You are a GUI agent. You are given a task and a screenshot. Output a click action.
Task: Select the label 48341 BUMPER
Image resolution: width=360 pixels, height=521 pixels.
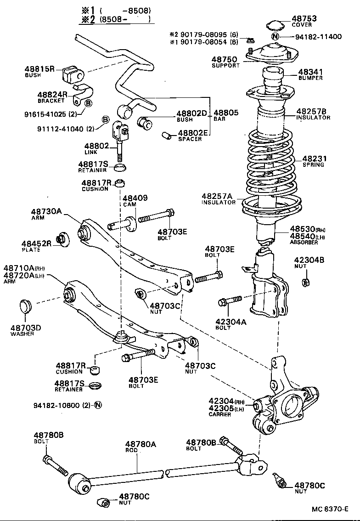coord(310,72)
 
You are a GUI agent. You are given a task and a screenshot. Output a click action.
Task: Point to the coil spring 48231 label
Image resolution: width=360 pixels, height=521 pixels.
coord(313,159)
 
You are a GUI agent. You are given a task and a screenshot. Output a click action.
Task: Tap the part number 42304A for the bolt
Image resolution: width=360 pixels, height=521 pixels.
coord(231,322)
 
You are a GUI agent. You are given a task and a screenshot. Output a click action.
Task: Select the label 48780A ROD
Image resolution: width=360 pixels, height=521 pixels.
coord(141,444)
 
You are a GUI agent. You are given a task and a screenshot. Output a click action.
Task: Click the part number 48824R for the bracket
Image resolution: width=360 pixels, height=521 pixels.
coord(52,95)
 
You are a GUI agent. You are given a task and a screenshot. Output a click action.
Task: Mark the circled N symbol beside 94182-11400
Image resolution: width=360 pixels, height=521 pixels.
coord(275,37)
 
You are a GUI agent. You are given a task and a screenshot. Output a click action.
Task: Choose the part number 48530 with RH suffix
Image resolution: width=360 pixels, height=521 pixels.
coord(301,229)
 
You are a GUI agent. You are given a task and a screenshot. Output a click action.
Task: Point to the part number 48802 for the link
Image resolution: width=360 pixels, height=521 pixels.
coord(97,146)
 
